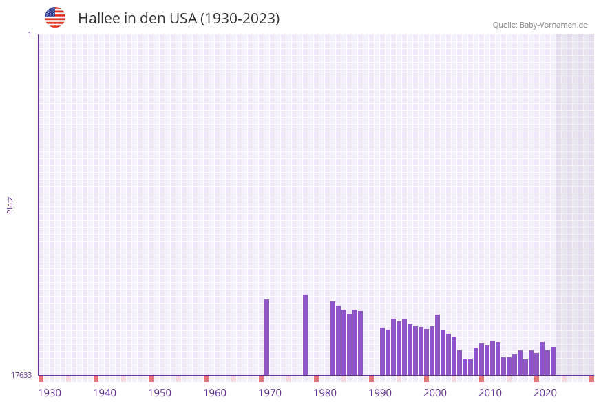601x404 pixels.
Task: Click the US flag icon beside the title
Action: (x=55, y=17)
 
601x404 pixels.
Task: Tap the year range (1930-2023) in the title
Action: (x=240, y=19)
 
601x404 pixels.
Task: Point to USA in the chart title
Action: (x=182, y=19)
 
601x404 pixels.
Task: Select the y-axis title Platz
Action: (x=10, y=204)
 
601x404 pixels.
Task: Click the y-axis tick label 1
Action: (x=29, y=34)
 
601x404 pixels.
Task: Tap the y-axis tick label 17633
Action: (x=21, y=375)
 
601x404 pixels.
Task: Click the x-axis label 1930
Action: (x=50, y=393)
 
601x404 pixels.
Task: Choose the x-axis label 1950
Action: (x=160, y=393)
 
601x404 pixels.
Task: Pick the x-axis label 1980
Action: (x=325, y=393)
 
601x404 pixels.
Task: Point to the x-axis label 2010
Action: (x=490, y=393)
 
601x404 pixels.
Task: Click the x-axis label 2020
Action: (x=545, y=393)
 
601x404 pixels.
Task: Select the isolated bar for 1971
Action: (x=267, y=337)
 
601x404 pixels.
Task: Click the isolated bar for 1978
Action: (x=306, y=335)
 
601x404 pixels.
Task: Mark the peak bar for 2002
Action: (x=438, y=345)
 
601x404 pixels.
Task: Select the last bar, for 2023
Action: (x=553, y=361)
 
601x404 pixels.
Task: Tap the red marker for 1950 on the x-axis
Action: (x=151, y=379)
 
